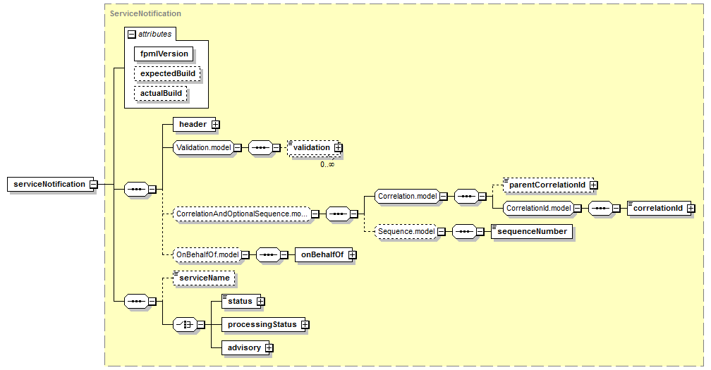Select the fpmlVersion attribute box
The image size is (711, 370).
click(164, 54)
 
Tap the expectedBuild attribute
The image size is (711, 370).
click(167, 73)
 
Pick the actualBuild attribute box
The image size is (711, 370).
click(161, 93)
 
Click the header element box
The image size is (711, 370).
click(193, 125)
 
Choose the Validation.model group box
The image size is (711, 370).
click(202, 147)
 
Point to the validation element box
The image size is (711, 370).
click(311, 147)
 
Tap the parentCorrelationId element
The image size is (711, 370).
click(547, 185)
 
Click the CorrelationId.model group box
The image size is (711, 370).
click(537, 208)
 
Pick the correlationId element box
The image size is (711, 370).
click(657, 208)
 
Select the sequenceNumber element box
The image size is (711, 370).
click(532, 230)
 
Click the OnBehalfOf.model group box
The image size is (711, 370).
click(207, 255)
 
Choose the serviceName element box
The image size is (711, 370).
click(204, 278)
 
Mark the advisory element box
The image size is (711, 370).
click(243, 347)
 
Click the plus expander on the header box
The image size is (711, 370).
click(215, 125)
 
